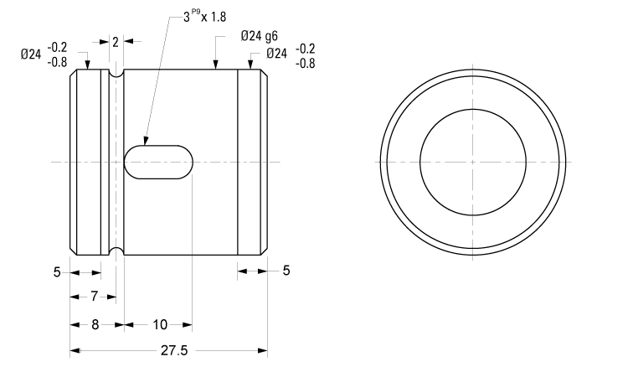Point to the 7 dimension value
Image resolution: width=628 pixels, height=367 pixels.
click(x=95, y=296)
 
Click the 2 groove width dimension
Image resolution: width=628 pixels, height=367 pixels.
click(x=116, y=40)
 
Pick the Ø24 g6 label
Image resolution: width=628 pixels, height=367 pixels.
click(x=259, y=36)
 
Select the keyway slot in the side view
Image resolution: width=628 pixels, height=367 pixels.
click(x=159, y=161)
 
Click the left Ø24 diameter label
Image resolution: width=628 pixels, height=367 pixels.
click(x=32, y=54)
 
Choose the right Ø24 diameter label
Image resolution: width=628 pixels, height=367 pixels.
click(x=277, y=54)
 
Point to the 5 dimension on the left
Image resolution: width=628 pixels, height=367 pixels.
click(x=57, y=271)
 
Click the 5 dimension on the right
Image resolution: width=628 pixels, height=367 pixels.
click(x=286, y=271)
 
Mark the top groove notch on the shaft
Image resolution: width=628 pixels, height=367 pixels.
click(x=117, y=74)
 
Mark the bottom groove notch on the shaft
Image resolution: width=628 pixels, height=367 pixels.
click(x=117, y=250)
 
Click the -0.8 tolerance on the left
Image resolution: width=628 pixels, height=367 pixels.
click(x=59, y=62)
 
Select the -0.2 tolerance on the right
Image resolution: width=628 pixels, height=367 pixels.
click(x=306, y=49)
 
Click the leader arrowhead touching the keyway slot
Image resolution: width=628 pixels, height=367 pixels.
click(x=145, y=142)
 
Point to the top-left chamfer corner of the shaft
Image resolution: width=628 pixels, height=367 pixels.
click(x=73, y=72)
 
